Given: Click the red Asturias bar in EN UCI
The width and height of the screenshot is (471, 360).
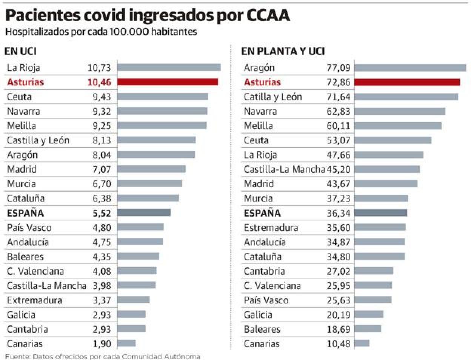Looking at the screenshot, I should click(x=168, y=82).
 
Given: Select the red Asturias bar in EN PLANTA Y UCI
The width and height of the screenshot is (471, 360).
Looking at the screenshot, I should click(x=407, y=82).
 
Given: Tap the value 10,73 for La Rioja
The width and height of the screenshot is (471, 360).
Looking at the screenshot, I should click(x=99, y=68).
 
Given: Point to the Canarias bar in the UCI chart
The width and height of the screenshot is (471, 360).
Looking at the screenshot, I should click(x=126, y=343).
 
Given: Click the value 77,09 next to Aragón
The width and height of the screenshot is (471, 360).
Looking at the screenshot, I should click(x=339, y=68).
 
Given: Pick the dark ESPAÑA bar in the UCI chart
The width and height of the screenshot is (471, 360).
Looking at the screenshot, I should click(x=144, y=213).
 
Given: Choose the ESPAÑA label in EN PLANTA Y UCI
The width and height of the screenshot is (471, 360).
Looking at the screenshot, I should click(x=262, y=213).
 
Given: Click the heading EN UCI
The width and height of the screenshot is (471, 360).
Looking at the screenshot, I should click(x=20, y=51).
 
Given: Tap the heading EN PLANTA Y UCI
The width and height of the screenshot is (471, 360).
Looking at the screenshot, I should click(x=283, y=51).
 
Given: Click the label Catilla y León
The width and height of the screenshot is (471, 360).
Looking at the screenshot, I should click(x=273, y=97).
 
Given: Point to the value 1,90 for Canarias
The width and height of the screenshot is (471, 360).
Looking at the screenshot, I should click(x=102, y=344).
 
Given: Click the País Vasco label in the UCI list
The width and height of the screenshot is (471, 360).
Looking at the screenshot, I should click(x=29, y=228).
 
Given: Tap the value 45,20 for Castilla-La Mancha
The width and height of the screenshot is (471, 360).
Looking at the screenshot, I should click(x=339, y=169).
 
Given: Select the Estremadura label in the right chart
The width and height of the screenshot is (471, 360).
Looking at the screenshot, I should click(x=271, y=228).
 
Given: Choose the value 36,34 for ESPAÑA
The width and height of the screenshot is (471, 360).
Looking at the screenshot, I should click(x=339, y=213).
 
